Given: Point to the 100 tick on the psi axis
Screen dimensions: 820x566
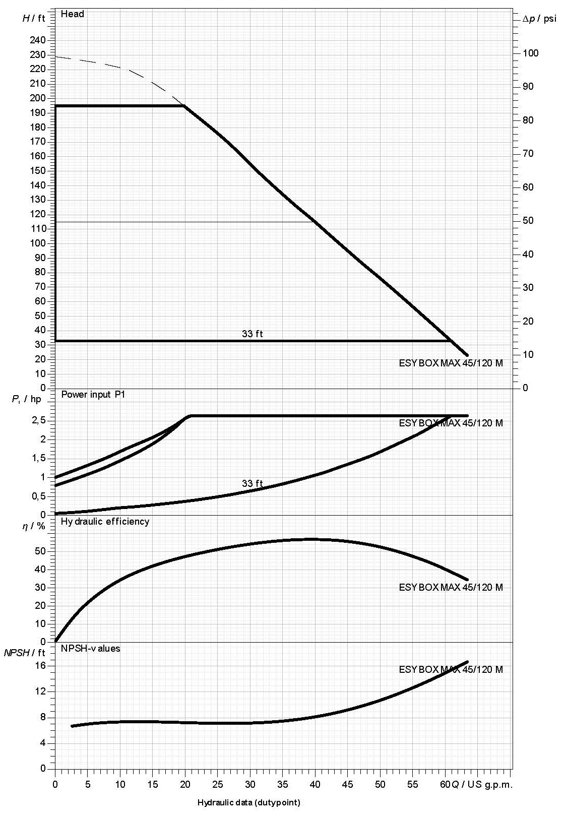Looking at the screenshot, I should [x=530, y=53].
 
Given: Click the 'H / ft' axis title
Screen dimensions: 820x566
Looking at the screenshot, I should [x=34, y=19].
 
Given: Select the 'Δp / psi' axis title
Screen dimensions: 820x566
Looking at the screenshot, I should [x=539, y=19].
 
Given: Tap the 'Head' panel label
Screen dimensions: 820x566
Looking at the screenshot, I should [x=72, y=14].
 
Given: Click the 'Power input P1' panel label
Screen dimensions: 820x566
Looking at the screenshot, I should [x=93, y=394].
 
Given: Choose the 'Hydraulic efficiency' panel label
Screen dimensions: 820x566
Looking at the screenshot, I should [x=105, y=521].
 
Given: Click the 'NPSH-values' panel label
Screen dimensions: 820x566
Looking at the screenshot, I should [x=90, y=648].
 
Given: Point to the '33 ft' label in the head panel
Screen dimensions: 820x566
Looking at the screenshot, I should [x=252, y=334].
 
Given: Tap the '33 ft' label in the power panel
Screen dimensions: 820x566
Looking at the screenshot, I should [x=252, y=483].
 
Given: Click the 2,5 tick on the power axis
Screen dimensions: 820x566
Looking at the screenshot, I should [x=39, y=420].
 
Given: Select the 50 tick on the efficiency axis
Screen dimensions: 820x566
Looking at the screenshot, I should [x=40, y=551].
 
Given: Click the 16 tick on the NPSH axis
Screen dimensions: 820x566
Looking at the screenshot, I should [x=40, y=665].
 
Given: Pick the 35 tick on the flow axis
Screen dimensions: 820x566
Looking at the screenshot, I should [x=283, y=784].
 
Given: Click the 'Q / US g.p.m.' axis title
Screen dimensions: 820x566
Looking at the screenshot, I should [x=482, y=784].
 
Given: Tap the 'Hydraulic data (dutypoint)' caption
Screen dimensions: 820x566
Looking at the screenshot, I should [x=248, y=802].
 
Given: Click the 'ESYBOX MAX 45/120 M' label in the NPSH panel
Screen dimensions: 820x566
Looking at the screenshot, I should [x=451, y=669].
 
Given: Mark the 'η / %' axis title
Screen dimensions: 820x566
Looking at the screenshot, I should [x=34, y=526].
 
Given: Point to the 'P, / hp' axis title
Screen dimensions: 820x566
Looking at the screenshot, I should [x=26, y=399].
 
